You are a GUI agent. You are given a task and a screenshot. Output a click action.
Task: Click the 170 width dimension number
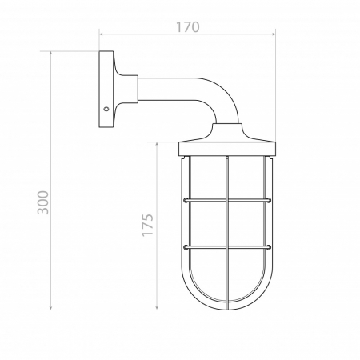(x=186, y=26)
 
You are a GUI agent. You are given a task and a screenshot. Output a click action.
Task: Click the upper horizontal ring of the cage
(x=228, y=199)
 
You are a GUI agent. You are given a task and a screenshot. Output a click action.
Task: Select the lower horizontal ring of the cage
(x=228, y=246)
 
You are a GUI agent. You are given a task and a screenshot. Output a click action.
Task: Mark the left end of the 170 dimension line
(x=99, y=34)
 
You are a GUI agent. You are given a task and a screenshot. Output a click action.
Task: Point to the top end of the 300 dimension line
(x=52, y=53)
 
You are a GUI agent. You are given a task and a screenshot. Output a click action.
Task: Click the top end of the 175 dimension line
(x=158, y=143)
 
